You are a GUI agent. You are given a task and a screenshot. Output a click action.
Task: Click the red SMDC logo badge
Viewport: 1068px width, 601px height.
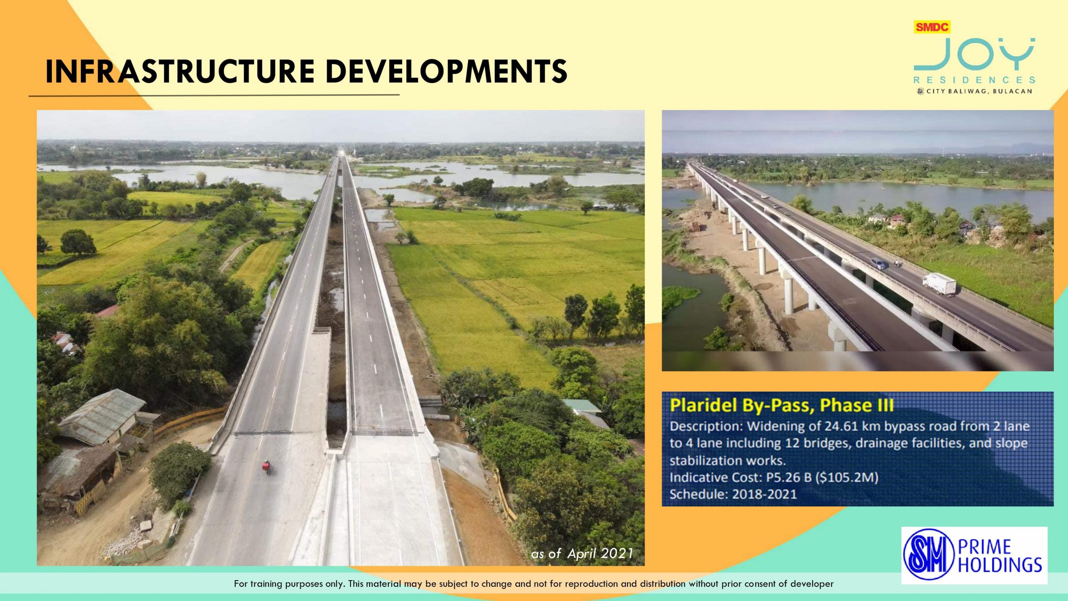click(932, 27)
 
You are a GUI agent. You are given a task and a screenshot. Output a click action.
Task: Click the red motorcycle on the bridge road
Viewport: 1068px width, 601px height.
click(266, 466)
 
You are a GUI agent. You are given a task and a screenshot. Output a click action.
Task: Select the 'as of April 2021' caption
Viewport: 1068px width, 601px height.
click(582, 553)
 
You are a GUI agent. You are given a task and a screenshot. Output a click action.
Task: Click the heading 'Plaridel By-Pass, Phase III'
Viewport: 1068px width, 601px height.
click(782, 405)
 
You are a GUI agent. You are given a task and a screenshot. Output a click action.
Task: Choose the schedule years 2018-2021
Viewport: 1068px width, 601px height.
click(764, 494)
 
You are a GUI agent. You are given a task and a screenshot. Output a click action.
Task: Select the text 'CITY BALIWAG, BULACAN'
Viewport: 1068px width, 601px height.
click(979, 91)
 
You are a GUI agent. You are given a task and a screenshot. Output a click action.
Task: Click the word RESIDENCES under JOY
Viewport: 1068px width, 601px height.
click(975, 80)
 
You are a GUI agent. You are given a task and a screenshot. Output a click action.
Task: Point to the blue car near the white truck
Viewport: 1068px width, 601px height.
click(878, 264)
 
